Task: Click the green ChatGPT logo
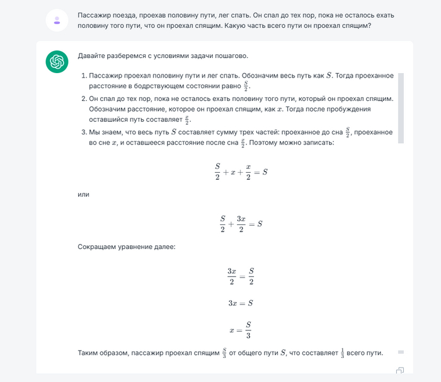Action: pos(57,62)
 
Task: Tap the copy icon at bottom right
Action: pos(399,371)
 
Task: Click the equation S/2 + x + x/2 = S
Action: pos(241,171)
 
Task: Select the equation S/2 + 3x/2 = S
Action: pos(241,223)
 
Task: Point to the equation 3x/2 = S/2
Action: pos(241,275)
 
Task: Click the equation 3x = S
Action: pos(241,303)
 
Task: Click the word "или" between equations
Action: pos(83,194)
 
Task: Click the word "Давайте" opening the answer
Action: pos(93,56)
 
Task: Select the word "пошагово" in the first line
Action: pos(231,56)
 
